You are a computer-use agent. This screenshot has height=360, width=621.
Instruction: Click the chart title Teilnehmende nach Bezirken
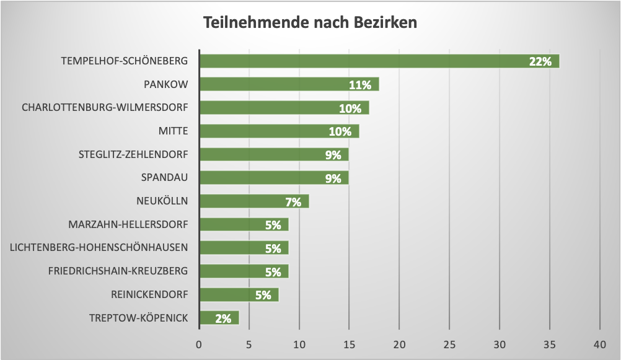(310, 22)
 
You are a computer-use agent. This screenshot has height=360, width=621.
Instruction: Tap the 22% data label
(540, 61)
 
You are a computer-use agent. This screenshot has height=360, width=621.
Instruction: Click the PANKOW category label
(165, 84)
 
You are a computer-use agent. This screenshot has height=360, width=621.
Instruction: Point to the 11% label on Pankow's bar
(359, 85)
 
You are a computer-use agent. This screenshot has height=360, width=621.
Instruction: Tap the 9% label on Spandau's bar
(333, 178)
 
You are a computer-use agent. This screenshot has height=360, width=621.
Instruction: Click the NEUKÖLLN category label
(162, 201)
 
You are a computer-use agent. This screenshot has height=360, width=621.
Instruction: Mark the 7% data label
(293, 201)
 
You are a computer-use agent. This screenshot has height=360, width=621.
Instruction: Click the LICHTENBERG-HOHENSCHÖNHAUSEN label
(99, 248)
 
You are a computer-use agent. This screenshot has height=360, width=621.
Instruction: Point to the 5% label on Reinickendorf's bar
(263, 295)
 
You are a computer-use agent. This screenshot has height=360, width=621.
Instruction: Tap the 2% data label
(223, 318)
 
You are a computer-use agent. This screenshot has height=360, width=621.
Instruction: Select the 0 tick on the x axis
(199, 344)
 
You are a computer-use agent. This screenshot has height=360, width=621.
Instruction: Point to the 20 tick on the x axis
(399, 344)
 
